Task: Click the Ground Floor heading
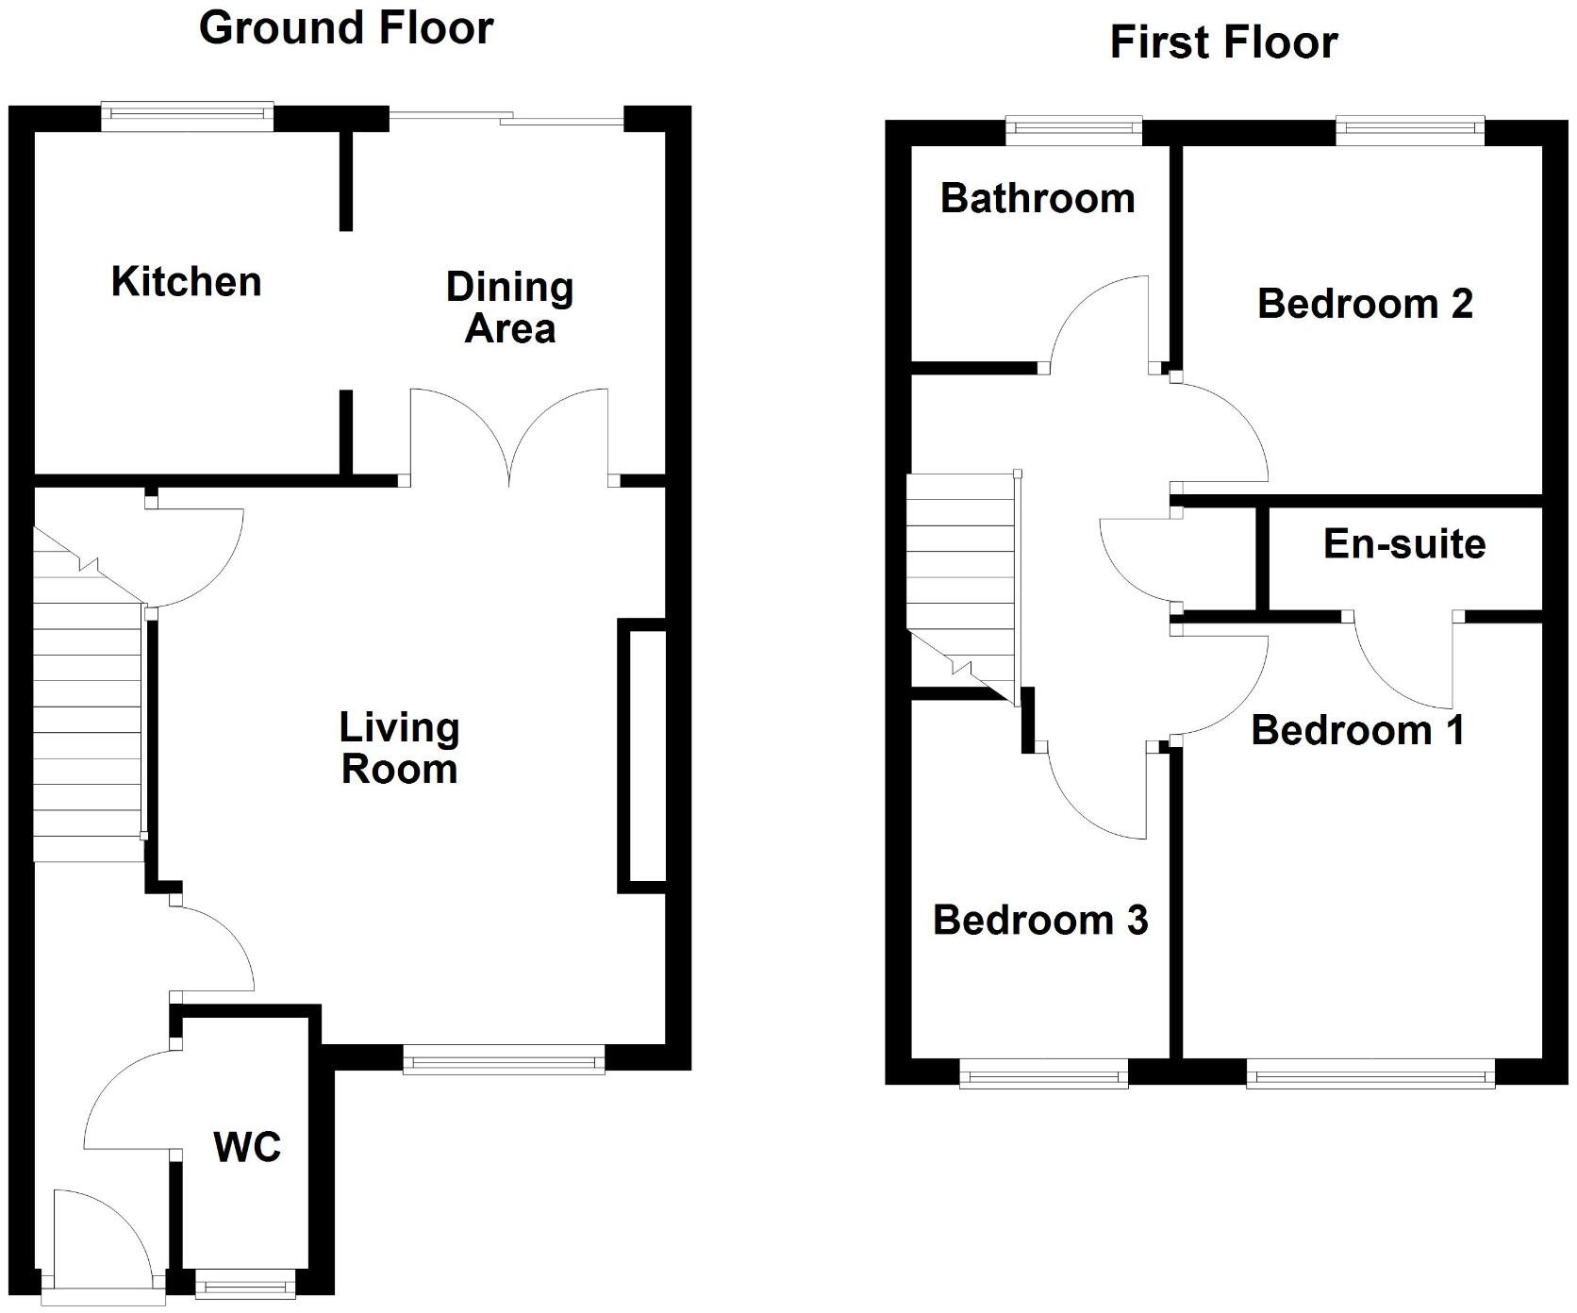click(x=345, y=28)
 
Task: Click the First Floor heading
click(x=1223, y=43)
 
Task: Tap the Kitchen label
click(x=186, y=282)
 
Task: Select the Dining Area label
click(x=509, y=308)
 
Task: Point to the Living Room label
click(x=399, y=749)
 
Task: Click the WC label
click(x=247, y=1148)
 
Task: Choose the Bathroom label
click(x=1037, y=199)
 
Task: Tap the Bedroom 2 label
click(x=1365, y=304)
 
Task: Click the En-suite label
click(x=1404, y=544)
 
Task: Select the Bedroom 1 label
click(x=1358, y=731)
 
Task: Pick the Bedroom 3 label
click(x=1040, y=921)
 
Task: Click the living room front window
click(x=504, y=1060)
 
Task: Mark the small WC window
click(x=245, y=1283)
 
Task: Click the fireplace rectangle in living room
click(x=642, y=756)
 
